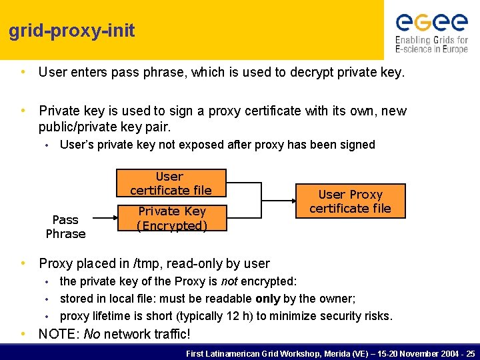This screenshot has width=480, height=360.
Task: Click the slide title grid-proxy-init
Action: [x=72, y=31]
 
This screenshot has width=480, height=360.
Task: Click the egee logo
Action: [x=431, y=23]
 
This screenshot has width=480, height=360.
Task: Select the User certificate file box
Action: [x=171, y=183]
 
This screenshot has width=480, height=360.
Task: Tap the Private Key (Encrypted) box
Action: [x=171, y=219]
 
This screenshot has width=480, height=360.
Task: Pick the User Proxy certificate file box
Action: [x=350, y=201]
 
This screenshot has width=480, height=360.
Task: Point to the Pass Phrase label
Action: [x=65, y=227]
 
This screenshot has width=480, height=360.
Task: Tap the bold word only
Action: [x=267, y=299]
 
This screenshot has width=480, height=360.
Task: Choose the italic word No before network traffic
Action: [x=91, y=334]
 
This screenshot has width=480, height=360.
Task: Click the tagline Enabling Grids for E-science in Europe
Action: [x=431, y=45]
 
